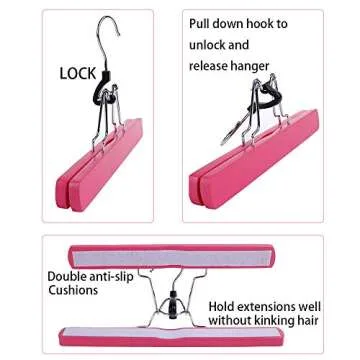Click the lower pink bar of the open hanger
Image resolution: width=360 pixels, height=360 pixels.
tap(170, 337)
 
